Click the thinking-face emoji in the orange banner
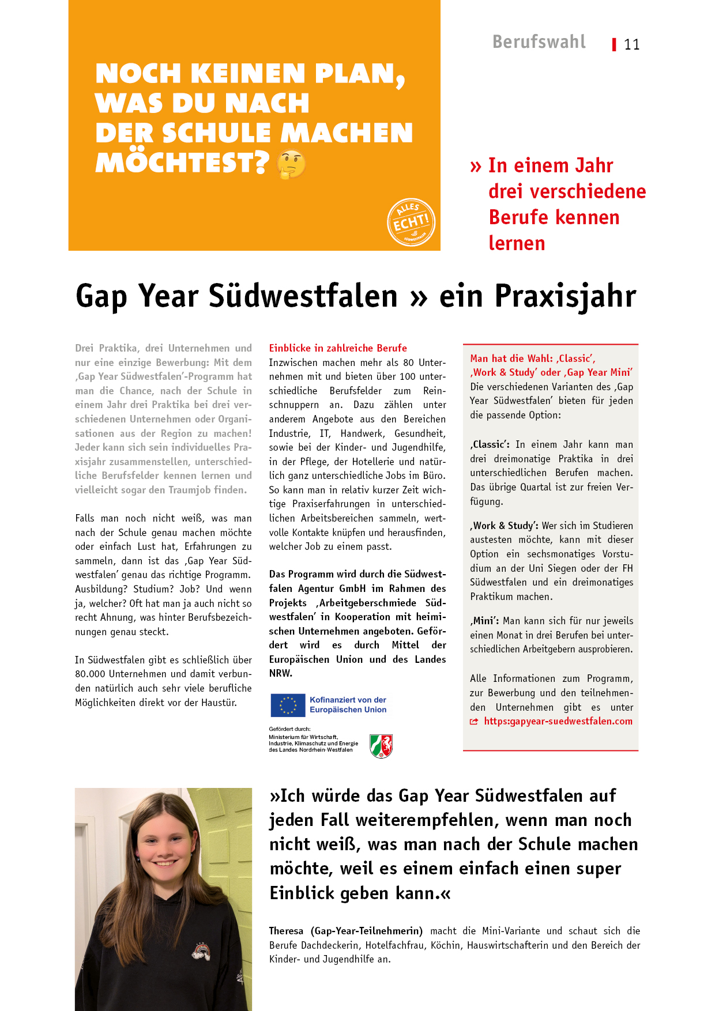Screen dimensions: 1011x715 tap(291, 164)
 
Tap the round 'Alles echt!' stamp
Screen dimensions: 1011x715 tap(411, 222)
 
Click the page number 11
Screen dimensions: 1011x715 tap(632, 45)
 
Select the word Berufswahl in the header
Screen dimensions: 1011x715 tap(539, 42)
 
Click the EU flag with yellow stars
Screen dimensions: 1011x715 tap(288, 705)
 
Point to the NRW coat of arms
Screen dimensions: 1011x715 tap(381, 746)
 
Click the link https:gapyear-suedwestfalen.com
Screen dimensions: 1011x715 tap(558, 721)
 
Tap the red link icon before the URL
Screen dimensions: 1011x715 tap(474, 722)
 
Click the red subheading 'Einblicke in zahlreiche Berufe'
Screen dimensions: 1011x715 tap(338, 348)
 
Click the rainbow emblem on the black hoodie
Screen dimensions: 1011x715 tap(201, 950)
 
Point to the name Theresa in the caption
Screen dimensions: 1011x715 tap(286, 931)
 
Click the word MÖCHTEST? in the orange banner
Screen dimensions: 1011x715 tap(182, 163)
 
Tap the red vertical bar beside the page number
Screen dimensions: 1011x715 tap(615, 44)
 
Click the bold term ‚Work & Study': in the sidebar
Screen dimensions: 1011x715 tap(505, 526)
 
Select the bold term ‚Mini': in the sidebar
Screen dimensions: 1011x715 tap(484, 621)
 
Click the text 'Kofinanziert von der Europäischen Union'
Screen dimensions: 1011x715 tap(348, 705)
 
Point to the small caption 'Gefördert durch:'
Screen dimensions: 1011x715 tap(289, 729)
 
